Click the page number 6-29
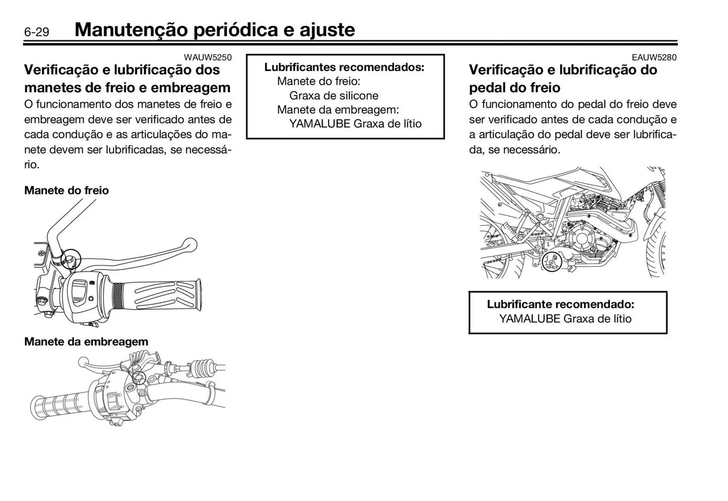coord(36,32)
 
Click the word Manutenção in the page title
coord(131,30)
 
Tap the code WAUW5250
coord(207,57)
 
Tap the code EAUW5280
coord(654,57)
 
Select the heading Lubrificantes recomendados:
coord(344,67)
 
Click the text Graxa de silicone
coord(334,96)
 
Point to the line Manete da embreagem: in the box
coord(338,110)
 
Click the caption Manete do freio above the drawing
coord(66,190)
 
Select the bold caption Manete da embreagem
coord(86,342)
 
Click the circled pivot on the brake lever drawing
coord(71,259)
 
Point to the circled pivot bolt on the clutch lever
coord(139,377)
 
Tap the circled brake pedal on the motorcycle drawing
coord(551,262)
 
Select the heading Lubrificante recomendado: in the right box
coord(560,304)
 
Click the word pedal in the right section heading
coord(486,88)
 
